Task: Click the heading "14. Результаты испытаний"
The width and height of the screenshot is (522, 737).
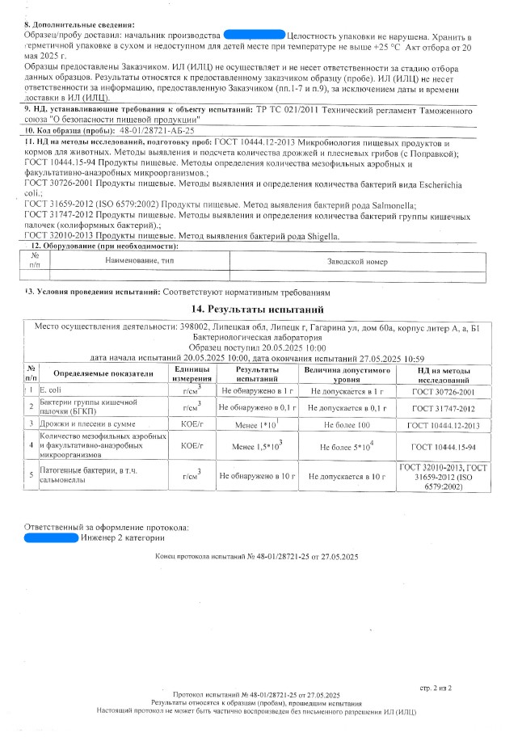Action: [257, 309]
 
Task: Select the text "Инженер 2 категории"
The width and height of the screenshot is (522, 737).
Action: [123, 538]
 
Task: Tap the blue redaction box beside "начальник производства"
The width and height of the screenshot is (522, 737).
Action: [254, 37]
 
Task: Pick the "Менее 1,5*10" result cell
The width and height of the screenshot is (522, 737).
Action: [256, 446]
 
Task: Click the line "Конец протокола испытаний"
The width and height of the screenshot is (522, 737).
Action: [257, 558]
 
